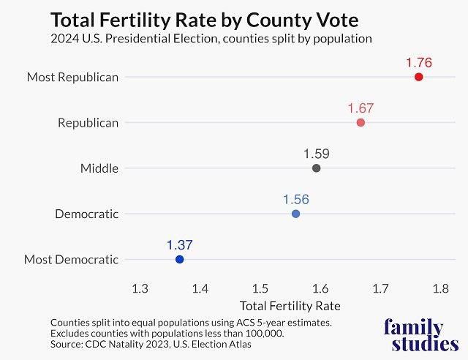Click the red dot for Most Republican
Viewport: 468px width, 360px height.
coord(419,77)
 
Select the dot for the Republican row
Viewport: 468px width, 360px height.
coord(361,122)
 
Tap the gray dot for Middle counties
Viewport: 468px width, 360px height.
coord(316,168)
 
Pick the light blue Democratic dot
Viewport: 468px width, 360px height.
coord(295,214)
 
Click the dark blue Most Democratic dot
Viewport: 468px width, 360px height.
coord(179,259)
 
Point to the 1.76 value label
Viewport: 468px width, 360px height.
coord(419,63)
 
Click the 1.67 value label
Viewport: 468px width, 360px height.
coord(361,108)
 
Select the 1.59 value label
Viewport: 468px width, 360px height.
coord(316,154)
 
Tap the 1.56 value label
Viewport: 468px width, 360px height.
coord(295,199)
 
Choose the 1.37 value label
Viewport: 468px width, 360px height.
coord(179,245)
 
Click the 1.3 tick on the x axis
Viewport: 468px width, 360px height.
coord(140,288)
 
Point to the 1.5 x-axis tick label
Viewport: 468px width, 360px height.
coord(260,288)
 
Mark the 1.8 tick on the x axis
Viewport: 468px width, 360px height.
coord(440,288)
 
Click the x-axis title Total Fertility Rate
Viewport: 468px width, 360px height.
coord(290,305)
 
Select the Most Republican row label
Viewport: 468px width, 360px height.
coord(72,77)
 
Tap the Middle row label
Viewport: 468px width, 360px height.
coord(99,168)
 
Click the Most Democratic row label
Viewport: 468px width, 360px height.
coord(71,259)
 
